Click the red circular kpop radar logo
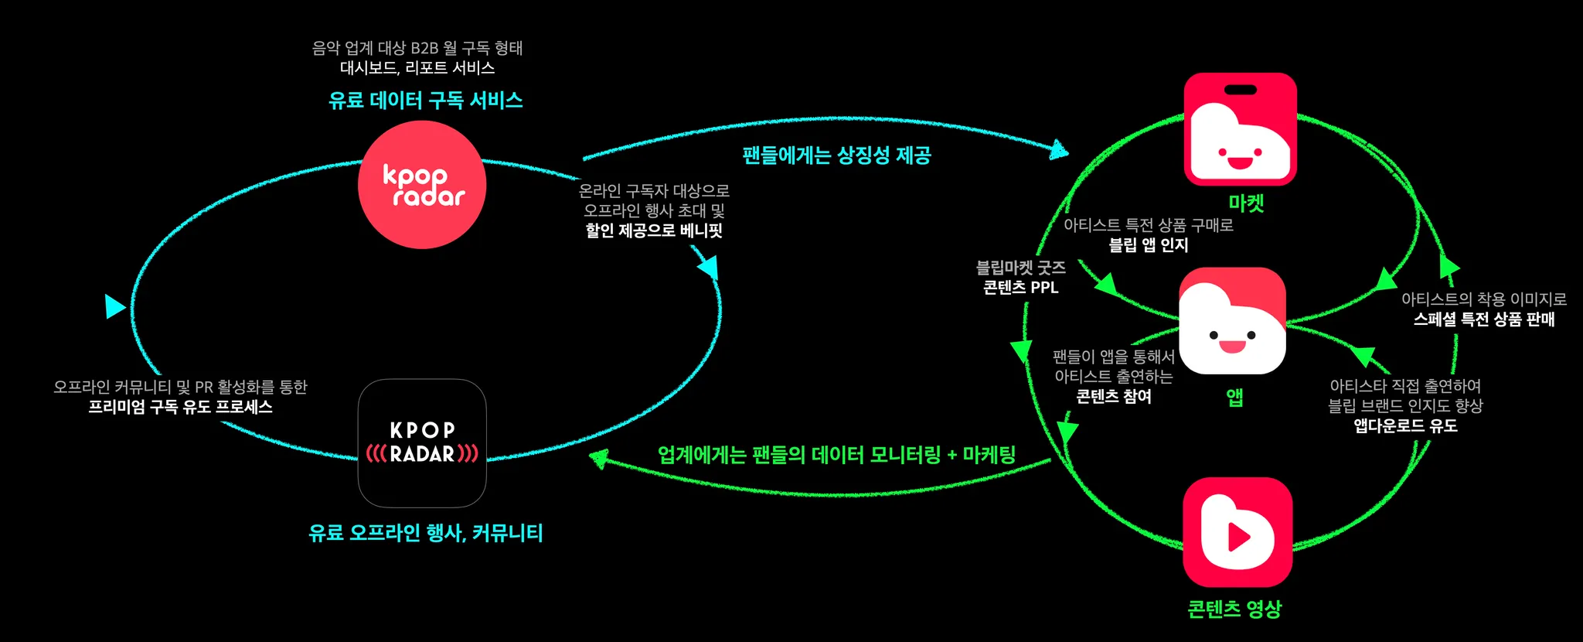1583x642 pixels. [x=422, y=185]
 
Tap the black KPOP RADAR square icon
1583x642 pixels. [x=422, y=443]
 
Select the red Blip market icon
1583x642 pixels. [x=1240, y=129]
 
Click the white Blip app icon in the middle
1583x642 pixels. [x=1232, y=321]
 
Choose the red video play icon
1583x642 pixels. [x=1237, y=532]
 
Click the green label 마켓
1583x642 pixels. [x=1246, y=203]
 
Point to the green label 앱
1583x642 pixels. [x=1234, y=398]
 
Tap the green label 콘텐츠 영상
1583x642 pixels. [x=1234, y=609]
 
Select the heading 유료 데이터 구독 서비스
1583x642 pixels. [x=426, y=101]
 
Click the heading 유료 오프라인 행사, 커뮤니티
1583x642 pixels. [x=426, y=533]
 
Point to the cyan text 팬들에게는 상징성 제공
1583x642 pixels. [x=836, y=155]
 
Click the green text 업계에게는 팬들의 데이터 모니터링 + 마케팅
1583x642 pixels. [x=836, y=455]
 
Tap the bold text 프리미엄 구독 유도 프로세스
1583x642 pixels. [x=180, y=407]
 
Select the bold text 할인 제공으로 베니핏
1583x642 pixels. [x=654, y=231]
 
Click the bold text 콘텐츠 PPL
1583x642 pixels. [x=1020, y=288]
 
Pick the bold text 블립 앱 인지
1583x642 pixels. [x=1149, y=245]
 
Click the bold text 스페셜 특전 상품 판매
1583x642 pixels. [x=1484, y=319]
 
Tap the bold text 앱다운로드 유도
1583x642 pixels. [x=1405, y=426]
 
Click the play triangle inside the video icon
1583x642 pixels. [x=1238, y=537]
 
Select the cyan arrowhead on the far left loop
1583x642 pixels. [x=114, y=306]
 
